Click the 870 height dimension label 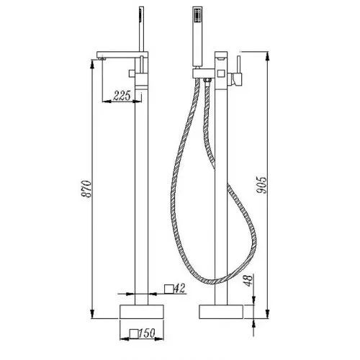click(86, 189)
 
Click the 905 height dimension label click(261, 185)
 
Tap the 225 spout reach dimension click(122, 96)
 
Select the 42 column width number click(179, 288)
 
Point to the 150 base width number click(147, 333)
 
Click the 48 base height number click(248, 280)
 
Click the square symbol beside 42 click(169, 289)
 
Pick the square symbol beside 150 click(134, 334)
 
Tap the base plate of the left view click(142, 312)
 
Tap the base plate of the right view click(221, 312)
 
